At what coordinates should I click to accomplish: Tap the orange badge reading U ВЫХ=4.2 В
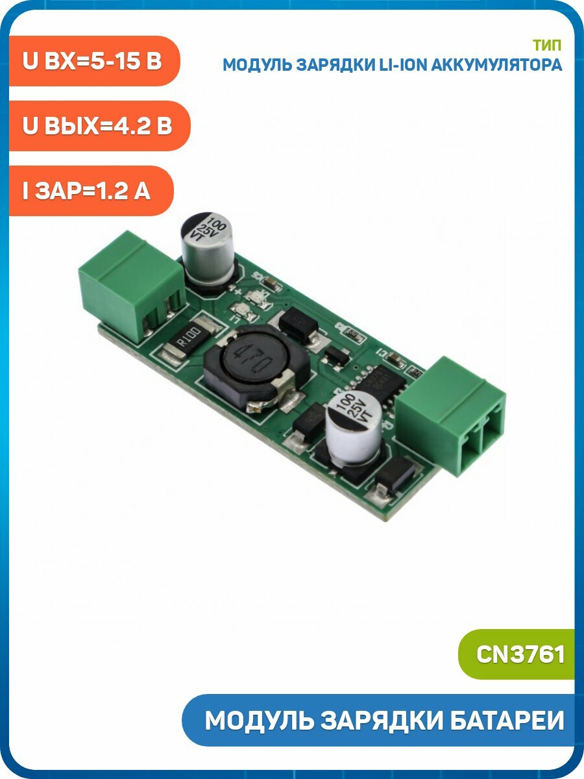99,126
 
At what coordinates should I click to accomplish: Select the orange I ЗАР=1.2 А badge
91,191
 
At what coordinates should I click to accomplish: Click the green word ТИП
547,45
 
